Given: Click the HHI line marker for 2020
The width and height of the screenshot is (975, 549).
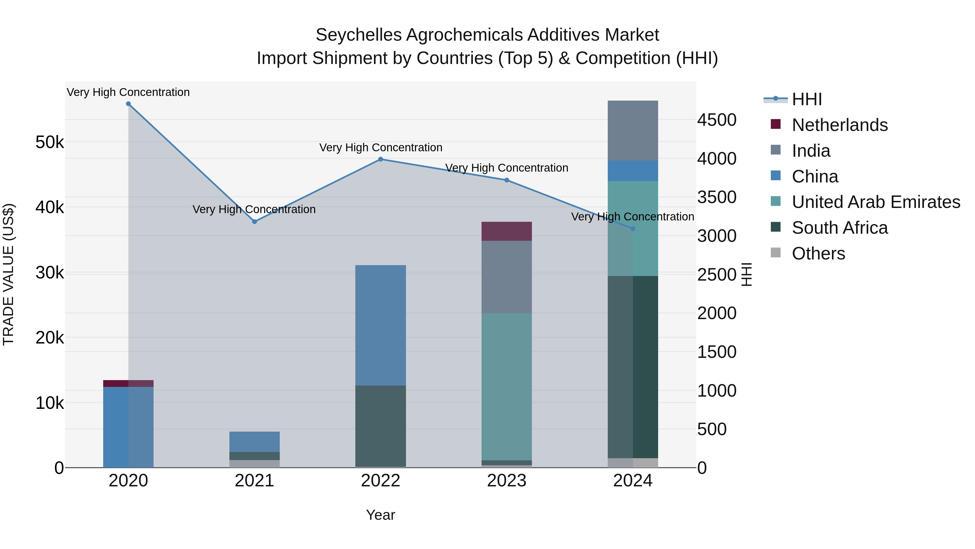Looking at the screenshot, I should (x=128, y=104).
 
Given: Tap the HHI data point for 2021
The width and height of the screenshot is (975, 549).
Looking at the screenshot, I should (x=254, y=222).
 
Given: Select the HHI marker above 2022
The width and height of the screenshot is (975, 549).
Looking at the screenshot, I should (x=381, y=159).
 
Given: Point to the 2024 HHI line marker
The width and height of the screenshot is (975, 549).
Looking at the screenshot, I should (x=633, y=229).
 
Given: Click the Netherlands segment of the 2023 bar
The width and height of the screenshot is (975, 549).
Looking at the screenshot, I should (x=507, y=231).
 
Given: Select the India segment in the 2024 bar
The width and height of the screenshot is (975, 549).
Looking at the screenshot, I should (x=633, y=130).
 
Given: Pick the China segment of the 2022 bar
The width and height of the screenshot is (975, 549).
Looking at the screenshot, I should (x=381, y=325).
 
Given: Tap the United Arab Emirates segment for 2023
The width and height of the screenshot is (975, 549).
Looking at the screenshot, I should (x=507, y=386).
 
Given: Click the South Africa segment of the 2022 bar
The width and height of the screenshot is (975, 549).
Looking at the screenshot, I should (x=381, y=426).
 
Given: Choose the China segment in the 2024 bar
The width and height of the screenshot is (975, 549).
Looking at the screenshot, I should (x=633, y=171).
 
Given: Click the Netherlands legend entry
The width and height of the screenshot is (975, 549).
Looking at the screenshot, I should (x=840, y=125).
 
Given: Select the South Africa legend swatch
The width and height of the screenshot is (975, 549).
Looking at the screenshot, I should (x=776, y=227).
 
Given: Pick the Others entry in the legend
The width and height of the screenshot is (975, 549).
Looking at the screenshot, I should (x=818, y=253).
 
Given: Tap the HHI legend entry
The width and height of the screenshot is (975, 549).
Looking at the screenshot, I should (x=807, y=99).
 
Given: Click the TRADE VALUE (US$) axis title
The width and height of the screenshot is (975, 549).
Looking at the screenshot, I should (x=8, y=274).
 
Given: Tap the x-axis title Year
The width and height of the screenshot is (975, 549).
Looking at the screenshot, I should (x=381, y=515).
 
